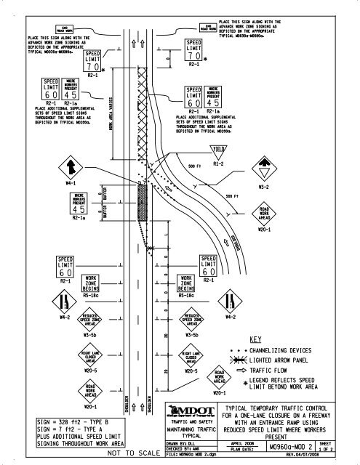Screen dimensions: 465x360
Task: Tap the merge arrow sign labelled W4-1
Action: point(70,168)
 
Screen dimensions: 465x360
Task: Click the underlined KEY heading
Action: point(255,339)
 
